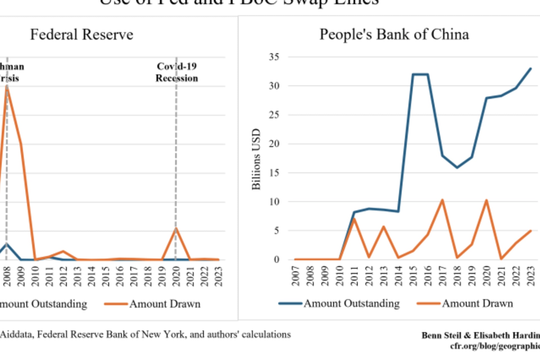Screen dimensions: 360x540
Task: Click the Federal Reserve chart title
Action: [82, 35]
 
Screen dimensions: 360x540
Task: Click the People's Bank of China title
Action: [394, 35]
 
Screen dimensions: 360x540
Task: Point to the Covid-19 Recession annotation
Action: [177, 72]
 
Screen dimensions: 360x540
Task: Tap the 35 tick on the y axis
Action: [274, 57]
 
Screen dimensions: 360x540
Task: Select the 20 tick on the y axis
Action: [274, 144]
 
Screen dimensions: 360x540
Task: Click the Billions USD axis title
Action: [256, 159]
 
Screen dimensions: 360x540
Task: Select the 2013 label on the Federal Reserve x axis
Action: [77, 276]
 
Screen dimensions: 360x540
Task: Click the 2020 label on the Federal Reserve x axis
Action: [176, 276]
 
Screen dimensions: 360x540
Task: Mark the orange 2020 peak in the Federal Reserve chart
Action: [176, 228]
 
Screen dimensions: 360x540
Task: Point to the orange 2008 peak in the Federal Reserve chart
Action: [7, 87]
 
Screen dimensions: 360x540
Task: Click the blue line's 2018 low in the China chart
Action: [457, 167]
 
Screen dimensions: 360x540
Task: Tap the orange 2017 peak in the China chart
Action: [442, 200]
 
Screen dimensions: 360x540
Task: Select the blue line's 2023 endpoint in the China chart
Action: [531, 69]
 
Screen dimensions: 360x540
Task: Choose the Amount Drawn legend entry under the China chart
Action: [477, 303]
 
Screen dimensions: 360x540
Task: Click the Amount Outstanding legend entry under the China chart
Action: [352, 303]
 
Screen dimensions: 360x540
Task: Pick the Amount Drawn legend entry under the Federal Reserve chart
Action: [165, 304]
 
